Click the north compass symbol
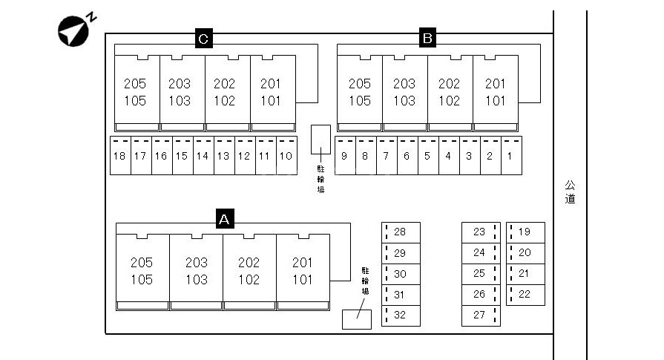pyautogui.click(x=74, y=28)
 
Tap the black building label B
pyautogui.click(x=427, y=38)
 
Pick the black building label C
pyautogui.click(x=203, y=38)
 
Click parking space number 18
pyautogui.click(x=120, y=156)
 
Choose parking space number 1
pyautogui.click(x=510, y=156)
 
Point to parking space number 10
pyautogui.click(x=286, y=156)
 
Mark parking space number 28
pyautogui.click(x=401, y=232)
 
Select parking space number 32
pyautogui.click(x=401, y=315)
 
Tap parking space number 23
pyautogui.click(x=480, y=232)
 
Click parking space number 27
pyautogui.click(x=480, y=315)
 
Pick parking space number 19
pyautogui.click(x=525, y=232)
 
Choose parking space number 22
pyautogui.click(x=525, y=295)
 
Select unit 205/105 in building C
pyautogui.click(x=136, y=92)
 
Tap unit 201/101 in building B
pyautogui.click(x=495, y=92)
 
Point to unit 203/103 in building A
pyautogui.click(x=197, y=271)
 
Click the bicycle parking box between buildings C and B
pyautogui.click(x=321, y=139)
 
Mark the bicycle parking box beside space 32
pyautogui.click(x=356, y=319)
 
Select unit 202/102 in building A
pyautogui.click(x=249, y=271)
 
